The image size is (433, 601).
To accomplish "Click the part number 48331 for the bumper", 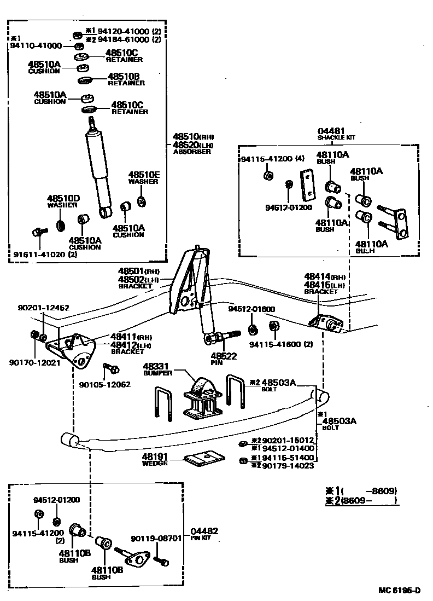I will pos(157,366).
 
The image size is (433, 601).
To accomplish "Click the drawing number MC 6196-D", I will pos(400,590).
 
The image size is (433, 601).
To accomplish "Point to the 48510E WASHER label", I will pos(144,177).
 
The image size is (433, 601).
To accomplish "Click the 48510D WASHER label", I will pos(63,201).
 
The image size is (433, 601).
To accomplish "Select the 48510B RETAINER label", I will pos(126,79).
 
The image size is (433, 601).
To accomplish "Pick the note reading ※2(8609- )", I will pos(360,500).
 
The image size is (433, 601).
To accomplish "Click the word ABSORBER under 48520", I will pos(191,152).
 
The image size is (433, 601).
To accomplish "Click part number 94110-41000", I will pos(36,46).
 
